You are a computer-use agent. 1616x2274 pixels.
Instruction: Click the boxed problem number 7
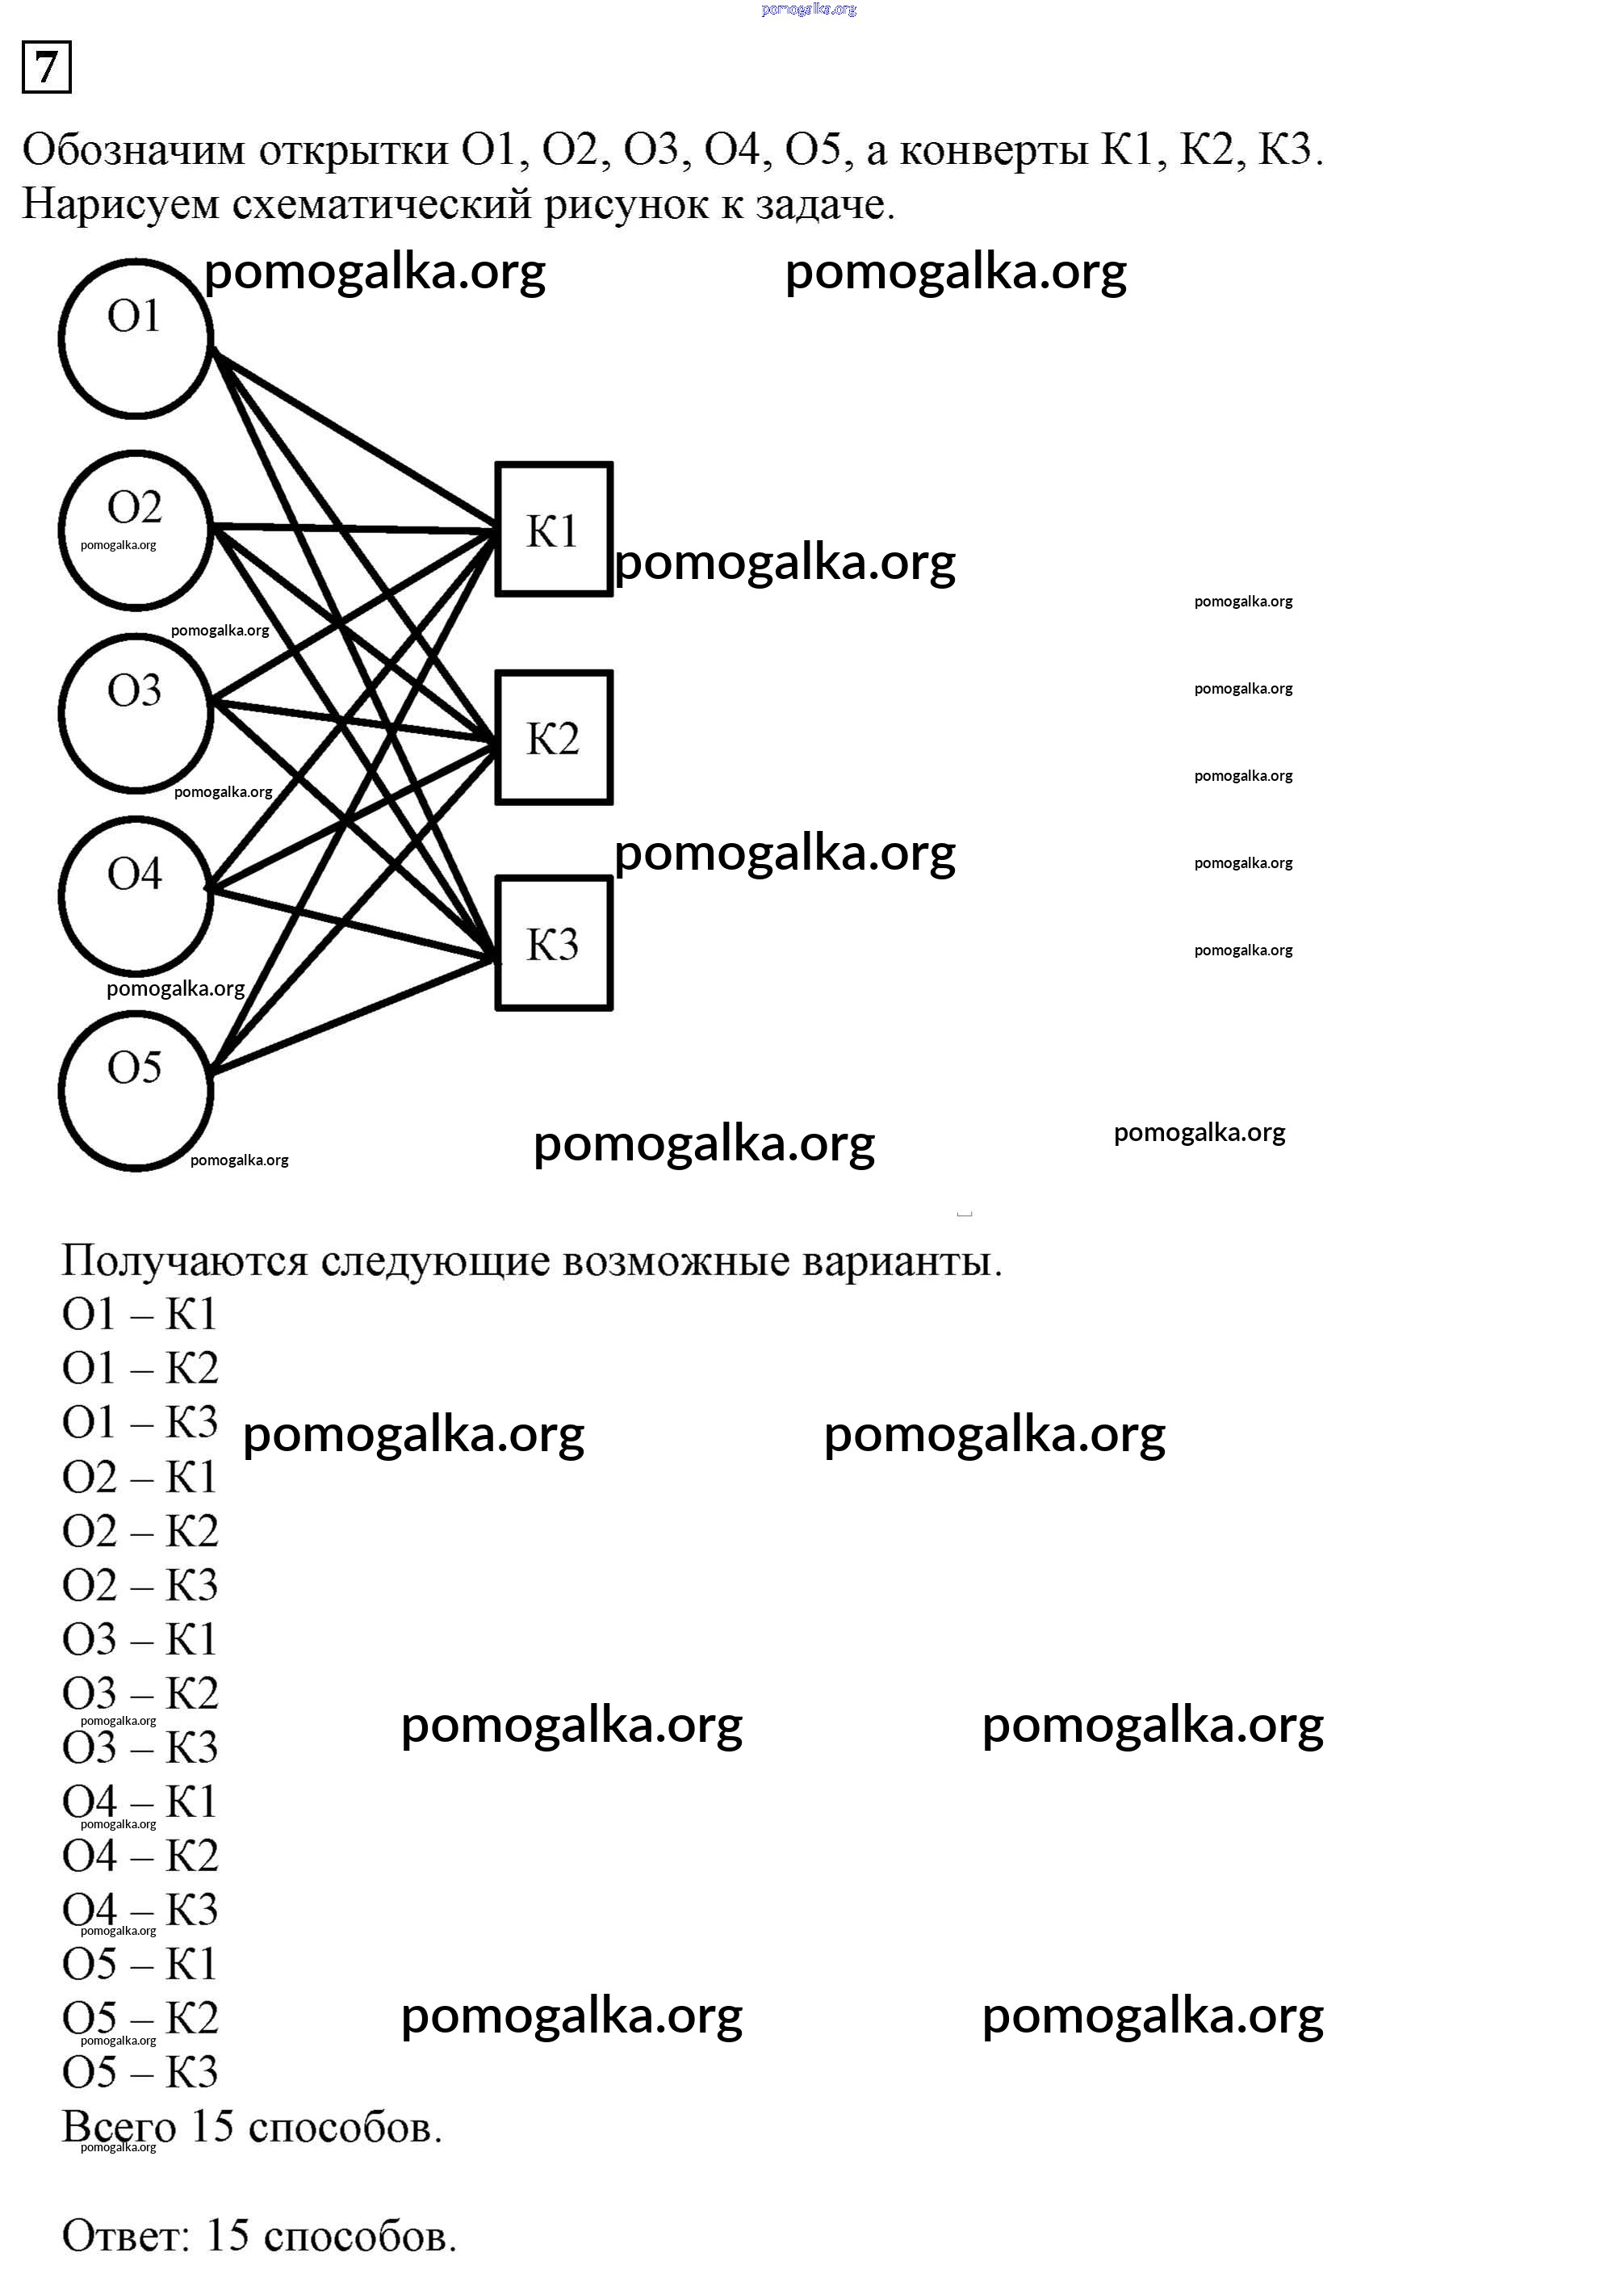click(x=46, y=68)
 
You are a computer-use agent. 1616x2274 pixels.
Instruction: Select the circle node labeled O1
click(x=136, y=338)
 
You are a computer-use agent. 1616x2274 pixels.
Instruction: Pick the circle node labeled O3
click(x=136, y=712)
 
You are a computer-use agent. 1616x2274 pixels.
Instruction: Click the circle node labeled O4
click(x=136, y=895)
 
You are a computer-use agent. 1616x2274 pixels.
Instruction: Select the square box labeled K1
click(x=553, y=530)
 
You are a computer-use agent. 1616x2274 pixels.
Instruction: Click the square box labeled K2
click(x=553, y=737)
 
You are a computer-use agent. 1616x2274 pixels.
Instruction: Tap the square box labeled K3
click(x=553, y=943)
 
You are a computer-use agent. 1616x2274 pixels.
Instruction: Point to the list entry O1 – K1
click(x=140, y=1315)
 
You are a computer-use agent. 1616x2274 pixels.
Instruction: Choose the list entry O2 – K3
click(x=140, y=1585)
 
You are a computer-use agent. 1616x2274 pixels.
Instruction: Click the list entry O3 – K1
click(x=140, y=1639)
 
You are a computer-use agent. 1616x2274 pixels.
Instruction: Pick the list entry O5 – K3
click(x=140, y=2072)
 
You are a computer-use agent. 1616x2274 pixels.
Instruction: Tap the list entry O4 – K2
click(x=140, y=1855)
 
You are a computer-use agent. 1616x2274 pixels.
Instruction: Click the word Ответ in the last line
click(x=124, y=2235)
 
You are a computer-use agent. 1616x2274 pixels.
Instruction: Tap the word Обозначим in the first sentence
click(x=133, y=150)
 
